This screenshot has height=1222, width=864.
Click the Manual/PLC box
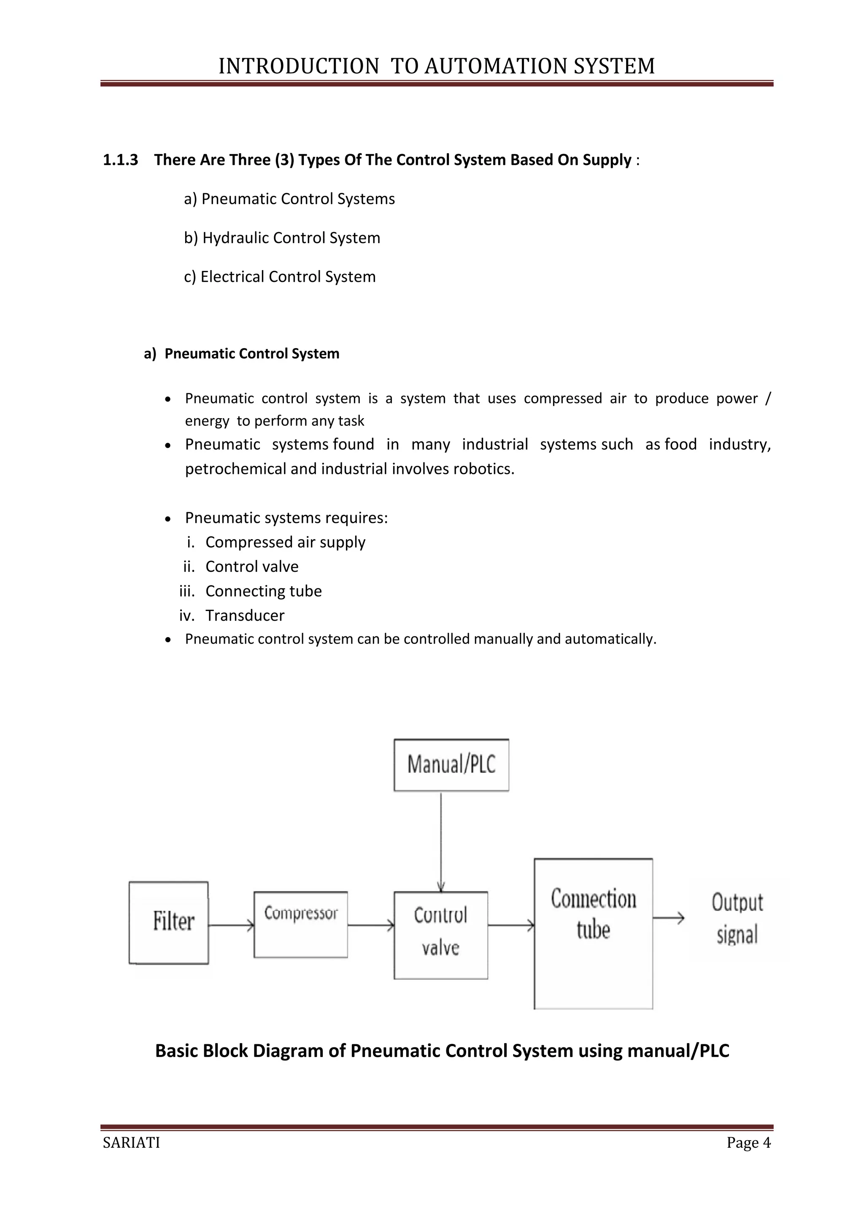pyautogui.click(x=451, y=765)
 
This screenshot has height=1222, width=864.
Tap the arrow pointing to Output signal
pyautogui.click(x=668, y=918)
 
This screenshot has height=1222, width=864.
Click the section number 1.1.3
pyautogui.click(x=120, y=160)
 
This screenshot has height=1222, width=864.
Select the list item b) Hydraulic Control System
pyautogui.click(x=282, y=238)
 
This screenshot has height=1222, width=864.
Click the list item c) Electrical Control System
pyautogui.click(x=280, y=277)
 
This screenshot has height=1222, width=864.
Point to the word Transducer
pyautogui.click(x=245, y=616)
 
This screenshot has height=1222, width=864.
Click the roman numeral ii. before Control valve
pyautogui.click(x=189, y=567)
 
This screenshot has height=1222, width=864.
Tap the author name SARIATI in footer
pyautogui.click(x=131, y=1143)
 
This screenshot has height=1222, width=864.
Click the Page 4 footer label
pyautogui.click(x=748, y=1143)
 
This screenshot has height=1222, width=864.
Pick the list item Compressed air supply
pyautogui.click(x=285, y=542)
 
